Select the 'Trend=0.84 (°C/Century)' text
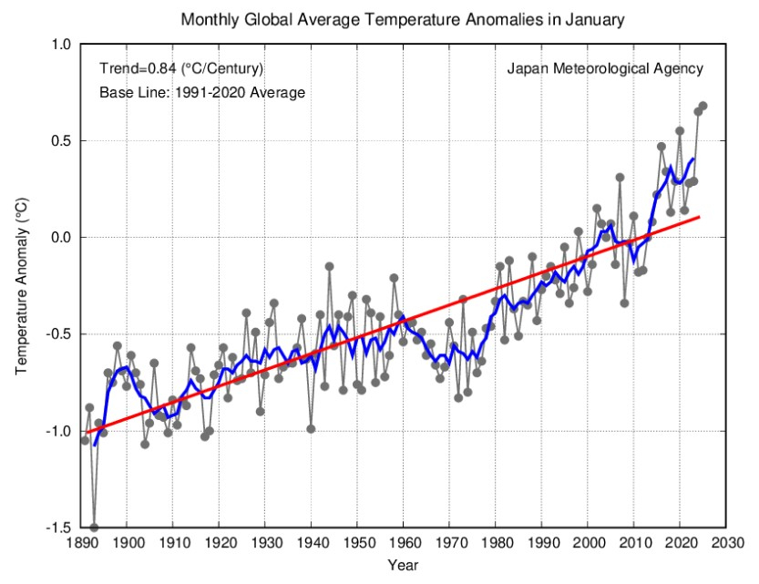[181, 68]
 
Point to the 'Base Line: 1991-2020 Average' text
[201, 92]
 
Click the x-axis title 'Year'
[403, 565]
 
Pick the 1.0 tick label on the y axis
[61, 45]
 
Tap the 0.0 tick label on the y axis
[61, 238]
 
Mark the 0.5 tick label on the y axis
[61, 141]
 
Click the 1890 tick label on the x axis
[80, 544]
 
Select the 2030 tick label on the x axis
[725, 544]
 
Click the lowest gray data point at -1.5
[94, 527]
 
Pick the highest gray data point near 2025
[703, 106]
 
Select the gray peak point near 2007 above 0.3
[620, 178]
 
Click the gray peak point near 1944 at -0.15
[329, 266]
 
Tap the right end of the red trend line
[699, 217]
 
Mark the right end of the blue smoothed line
[693, 159]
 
